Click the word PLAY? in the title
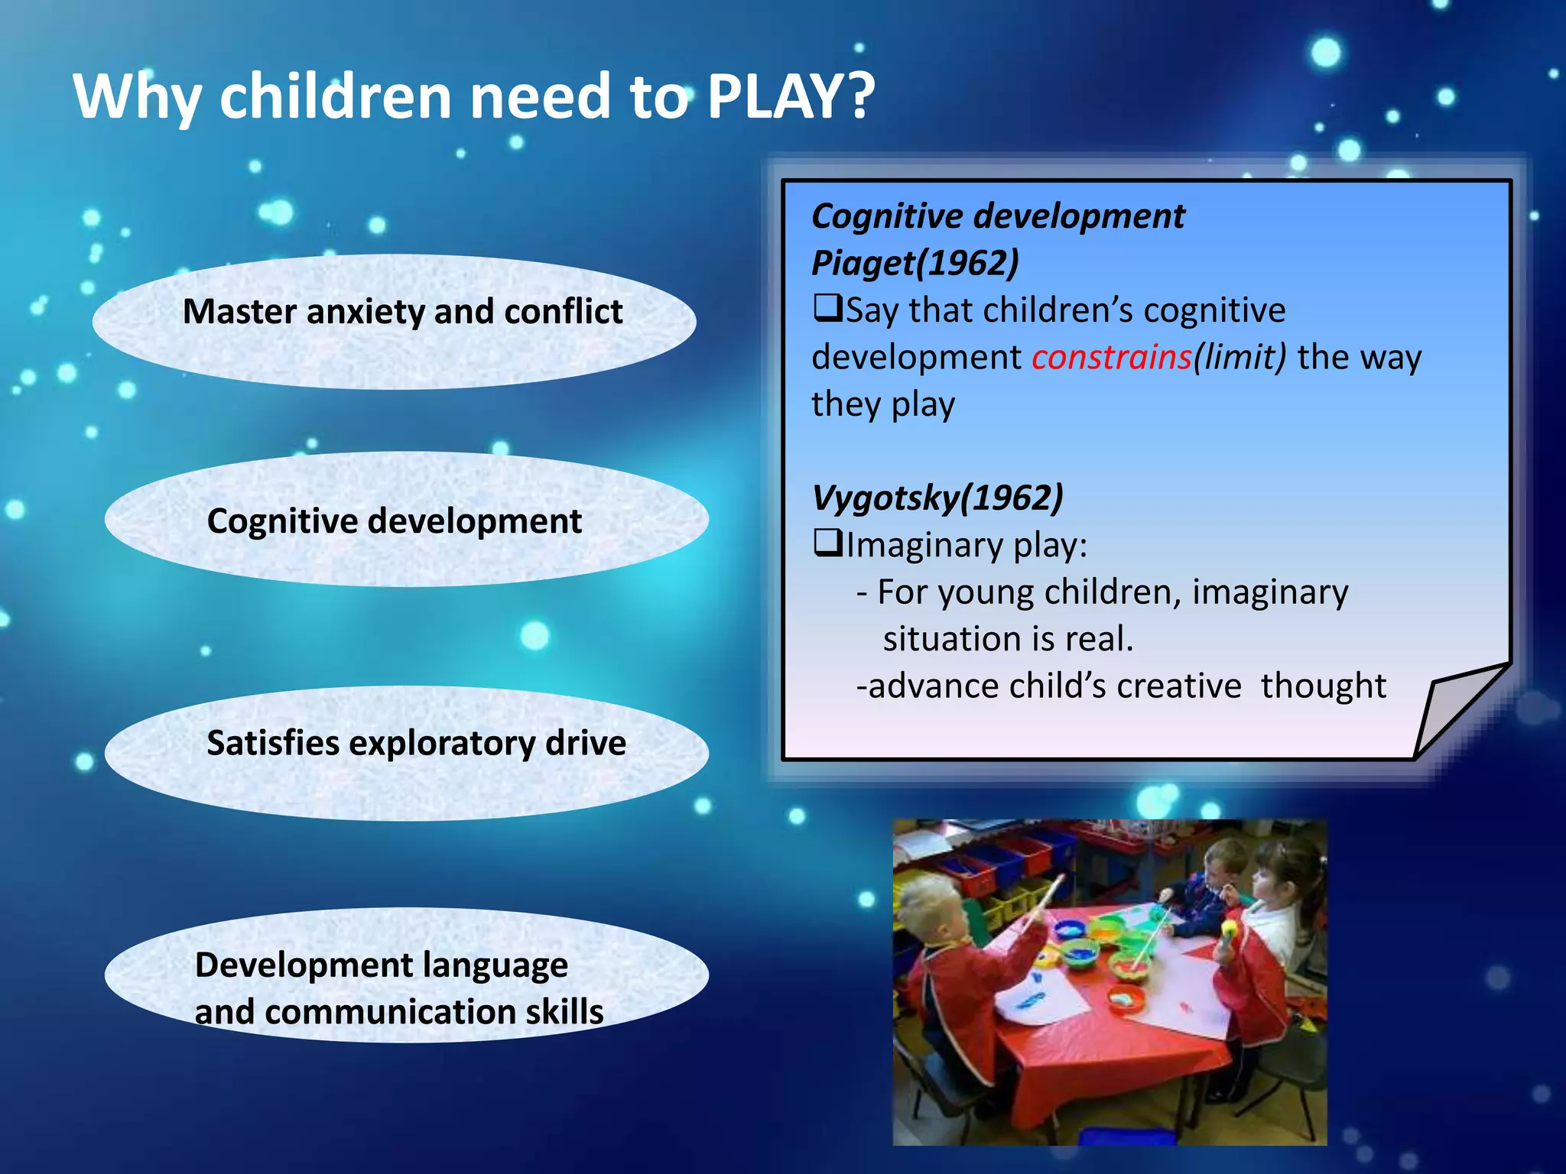click(791, 97)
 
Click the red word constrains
click(1111, 358)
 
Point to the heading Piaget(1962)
click(915, 264)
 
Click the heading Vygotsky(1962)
click(937, 498)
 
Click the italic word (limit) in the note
click(1239, 358)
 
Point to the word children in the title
click(336, 97)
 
